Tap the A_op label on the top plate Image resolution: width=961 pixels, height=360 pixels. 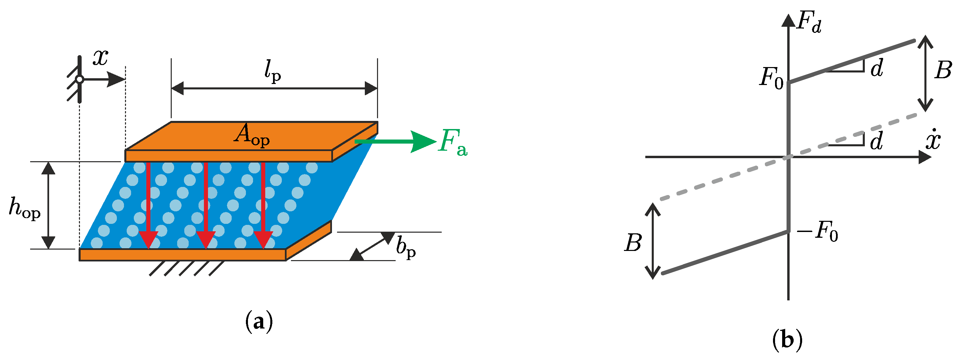(x=251, y=135)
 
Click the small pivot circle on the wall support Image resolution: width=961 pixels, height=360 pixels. (x=79, y=80)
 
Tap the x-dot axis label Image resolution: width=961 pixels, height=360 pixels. (x=933, y=141)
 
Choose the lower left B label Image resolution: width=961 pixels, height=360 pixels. (x=633, y=243)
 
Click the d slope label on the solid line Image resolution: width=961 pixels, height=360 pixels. (x=877, y=69)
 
